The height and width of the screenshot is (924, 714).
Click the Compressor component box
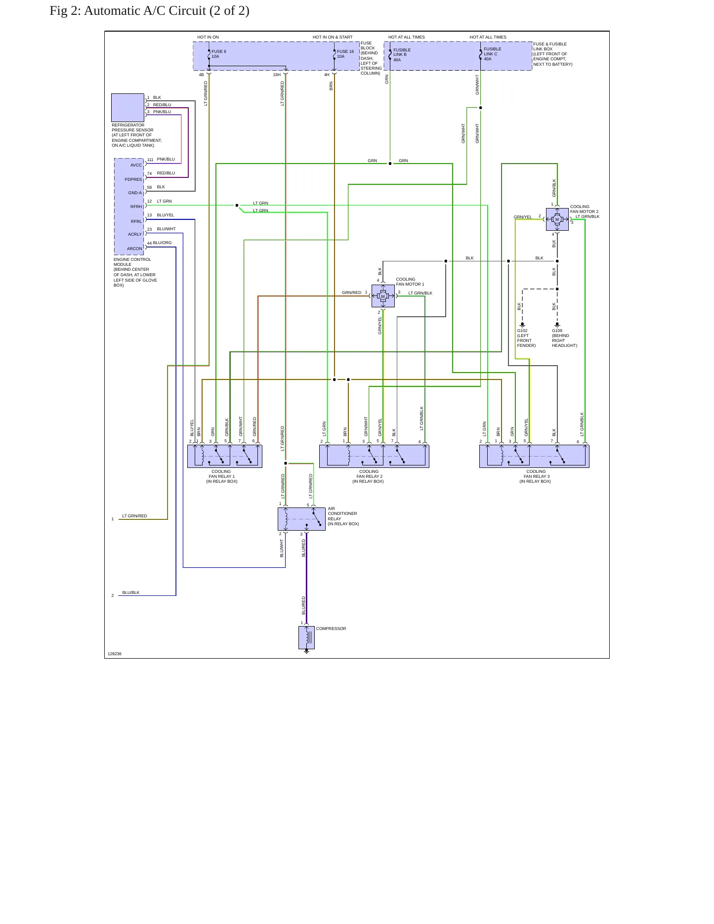(x=306, y=637)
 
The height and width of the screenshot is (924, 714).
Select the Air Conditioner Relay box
(x=301, y=519)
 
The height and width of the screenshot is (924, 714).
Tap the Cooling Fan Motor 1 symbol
(x=383, y=296)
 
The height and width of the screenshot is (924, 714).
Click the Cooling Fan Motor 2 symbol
(x=557, y=219)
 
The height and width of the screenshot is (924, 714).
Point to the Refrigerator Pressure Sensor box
(x=127, y=108)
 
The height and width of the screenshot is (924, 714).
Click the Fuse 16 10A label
(x=345, y=54)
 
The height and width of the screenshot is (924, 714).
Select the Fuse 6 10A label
(x=219, y=54)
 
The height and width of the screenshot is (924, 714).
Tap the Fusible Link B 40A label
(x=402, y=55)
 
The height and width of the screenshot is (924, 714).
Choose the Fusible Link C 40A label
(x=492, y=54)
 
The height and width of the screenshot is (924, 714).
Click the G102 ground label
(x=522, y=331)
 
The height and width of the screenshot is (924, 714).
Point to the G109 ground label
(x=557, y=331)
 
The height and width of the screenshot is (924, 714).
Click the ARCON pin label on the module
(x=134, y=249)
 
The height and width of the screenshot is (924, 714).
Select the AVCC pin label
(x=136, y=165)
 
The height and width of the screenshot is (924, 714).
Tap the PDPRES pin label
(x=133, y=179)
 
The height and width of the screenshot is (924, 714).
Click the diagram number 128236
(x=114, y=654)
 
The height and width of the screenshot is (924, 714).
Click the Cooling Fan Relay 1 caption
(x=221, y=476)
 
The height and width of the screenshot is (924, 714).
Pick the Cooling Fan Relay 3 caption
(x=536, y=476)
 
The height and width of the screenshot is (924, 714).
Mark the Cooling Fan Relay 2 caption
(x=369, y=476)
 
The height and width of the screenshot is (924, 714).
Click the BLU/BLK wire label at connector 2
(x=131, y=592)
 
